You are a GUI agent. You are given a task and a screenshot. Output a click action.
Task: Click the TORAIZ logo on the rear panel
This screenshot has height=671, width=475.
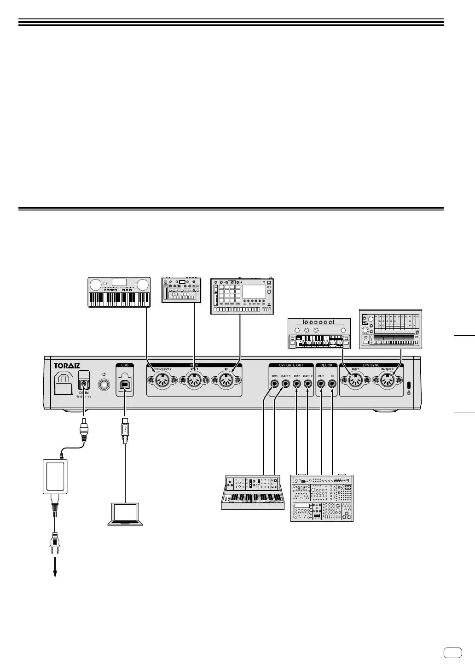coord(67,366)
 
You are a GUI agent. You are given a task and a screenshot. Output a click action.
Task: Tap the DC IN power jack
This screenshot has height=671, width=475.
coord(84,384)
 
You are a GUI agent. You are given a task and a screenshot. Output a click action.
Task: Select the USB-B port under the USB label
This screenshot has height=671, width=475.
coord(125,384)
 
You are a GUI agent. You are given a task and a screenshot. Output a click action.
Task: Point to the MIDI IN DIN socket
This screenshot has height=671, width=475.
coord(226,380)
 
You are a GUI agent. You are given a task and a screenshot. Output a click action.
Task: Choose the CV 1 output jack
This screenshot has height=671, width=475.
coord(275,381)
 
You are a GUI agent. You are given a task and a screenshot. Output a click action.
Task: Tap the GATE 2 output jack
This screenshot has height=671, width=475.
coord(307,381)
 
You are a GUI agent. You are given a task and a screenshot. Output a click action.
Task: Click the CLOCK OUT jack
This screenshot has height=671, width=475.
coord(321,381)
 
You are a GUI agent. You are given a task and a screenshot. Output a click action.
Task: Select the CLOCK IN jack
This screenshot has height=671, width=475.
coord(332,381)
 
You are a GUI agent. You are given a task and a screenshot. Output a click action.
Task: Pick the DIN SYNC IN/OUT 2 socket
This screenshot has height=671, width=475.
coord(388,380)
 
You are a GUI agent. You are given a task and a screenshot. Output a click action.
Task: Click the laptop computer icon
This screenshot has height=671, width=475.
coord(125,514)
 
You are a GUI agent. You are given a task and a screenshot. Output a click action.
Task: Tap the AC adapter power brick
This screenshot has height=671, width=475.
coord(55,476)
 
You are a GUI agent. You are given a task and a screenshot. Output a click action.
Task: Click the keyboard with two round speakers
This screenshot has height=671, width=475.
coord(119,292)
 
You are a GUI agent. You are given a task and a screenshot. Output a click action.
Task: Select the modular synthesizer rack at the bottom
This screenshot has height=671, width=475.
coord(322,497)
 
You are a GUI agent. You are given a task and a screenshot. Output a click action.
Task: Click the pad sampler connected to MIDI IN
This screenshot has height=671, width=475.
coord(242,296)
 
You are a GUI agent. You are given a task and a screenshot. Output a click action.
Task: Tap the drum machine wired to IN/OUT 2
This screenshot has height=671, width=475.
coord(390,329)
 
